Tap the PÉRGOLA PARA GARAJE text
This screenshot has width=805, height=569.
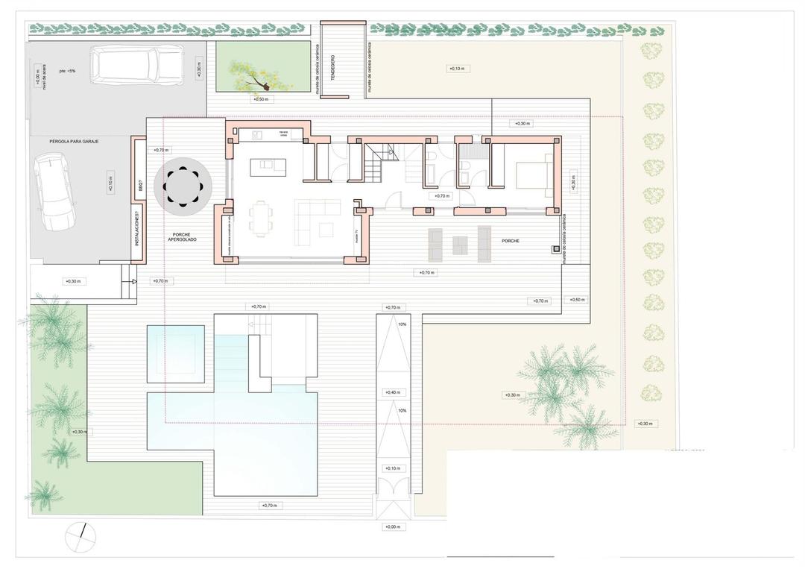(74, 141)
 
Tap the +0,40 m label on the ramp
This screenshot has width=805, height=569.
(393, 392)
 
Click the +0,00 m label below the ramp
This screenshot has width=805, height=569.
(393, 526)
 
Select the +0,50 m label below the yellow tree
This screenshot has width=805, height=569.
(260, 99)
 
